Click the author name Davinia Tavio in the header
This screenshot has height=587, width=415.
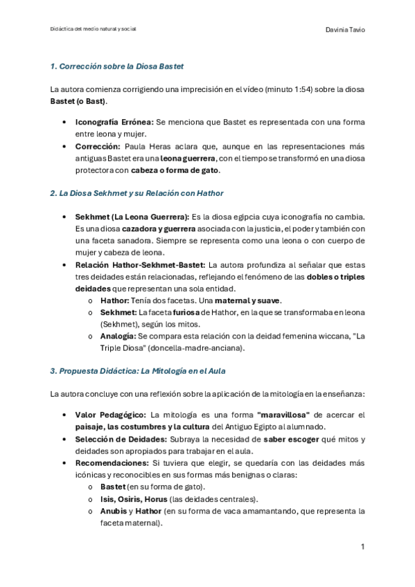[x=344, y=30]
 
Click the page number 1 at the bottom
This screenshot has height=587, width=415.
[x=362, y=547]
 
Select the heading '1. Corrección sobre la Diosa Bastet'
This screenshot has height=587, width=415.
[x=116, y=66]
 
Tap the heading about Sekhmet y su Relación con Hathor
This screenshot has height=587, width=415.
[x=136, y=192]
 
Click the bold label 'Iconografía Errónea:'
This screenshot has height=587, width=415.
[x=114, y=121]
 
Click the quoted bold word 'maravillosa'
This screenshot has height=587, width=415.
[x=287, y=415]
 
